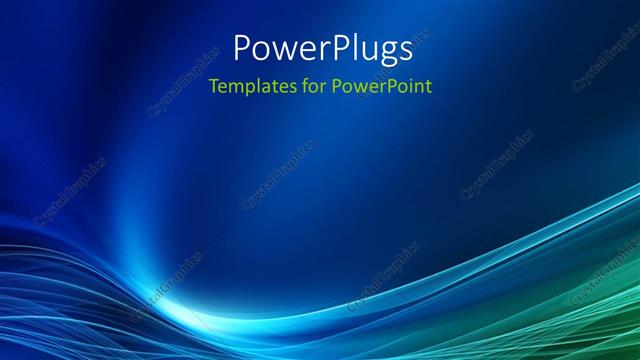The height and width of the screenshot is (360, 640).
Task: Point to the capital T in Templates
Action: [x=213, y=85]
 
